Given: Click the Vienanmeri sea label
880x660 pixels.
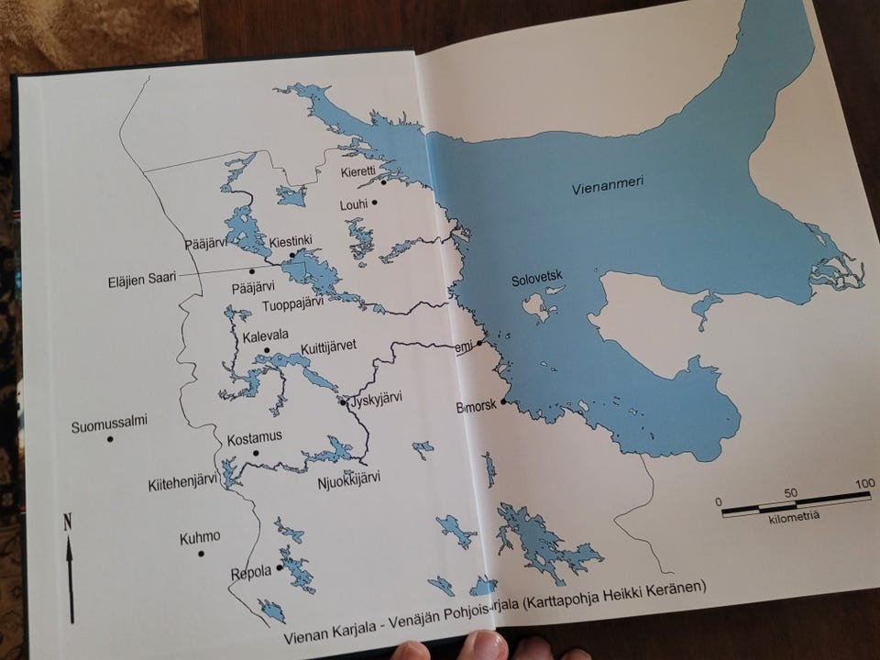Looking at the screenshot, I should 607,184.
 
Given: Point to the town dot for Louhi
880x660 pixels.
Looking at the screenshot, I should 374,203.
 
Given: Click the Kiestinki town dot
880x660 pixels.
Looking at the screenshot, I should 292,255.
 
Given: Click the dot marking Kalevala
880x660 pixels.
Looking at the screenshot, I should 267,350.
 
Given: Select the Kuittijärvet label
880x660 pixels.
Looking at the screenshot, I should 328,346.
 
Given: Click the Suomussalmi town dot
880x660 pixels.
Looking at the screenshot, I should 110,439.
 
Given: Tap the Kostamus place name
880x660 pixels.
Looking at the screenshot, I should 254,435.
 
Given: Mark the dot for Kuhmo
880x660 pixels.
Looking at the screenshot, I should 201,554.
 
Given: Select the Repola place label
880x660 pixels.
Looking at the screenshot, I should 251,571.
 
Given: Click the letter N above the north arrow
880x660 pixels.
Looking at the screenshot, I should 67,523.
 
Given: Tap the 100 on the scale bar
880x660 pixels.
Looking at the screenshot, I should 864,483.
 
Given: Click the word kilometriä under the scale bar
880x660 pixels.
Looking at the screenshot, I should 795,517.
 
